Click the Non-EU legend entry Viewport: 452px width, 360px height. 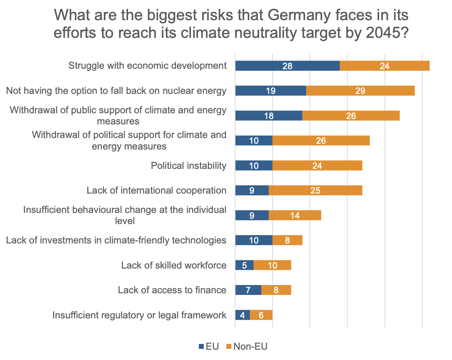[247, 346]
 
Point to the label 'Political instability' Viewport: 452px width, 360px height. [189, 166]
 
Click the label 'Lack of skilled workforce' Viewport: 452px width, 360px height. [174, 265]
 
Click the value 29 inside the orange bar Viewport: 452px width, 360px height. [360, 91]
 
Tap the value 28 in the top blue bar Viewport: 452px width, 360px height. [287, 66]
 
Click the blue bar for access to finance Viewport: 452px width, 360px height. [248, 290]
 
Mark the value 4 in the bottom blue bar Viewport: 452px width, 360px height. [242, 315]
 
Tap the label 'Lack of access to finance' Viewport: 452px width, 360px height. [172, 290]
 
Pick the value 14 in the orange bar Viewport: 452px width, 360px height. [294, 215]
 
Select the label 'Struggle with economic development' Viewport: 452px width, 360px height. [147, 65]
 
